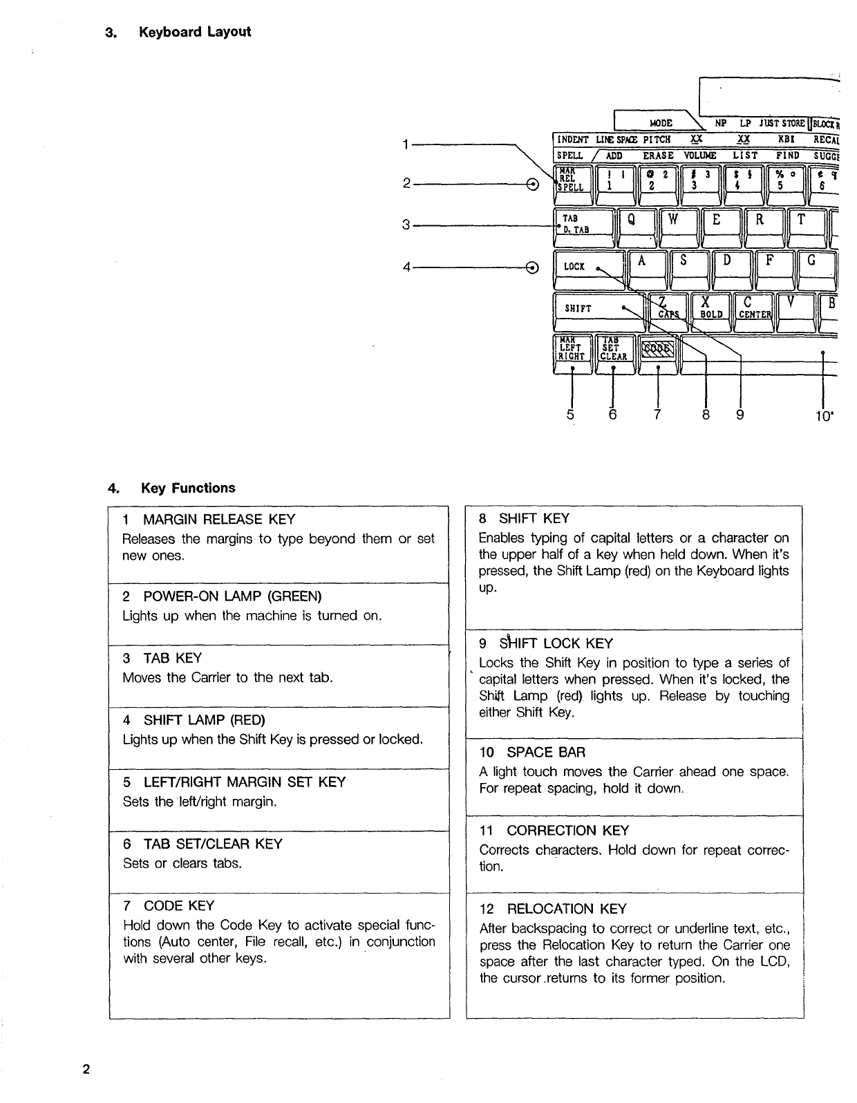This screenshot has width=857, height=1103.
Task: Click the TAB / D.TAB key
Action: pyautogui.click(x=583, y=225)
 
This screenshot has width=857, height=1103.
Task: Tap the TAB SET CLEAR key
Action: pyautogui.click(x=613, y=351)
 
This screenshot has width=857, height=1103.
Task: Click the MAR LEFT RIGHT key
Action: pyautogui.click(x=572, y=351)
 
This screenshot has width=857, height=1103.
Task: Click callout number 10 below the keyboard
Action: pyautogui.click(x=824, y=415)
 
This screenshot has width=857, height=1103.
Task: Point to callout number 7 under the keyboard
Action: pyautogui.click(x=657, y=415)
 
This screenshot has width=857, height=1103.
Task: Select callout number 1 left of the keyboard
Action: pyautogui.click(x=406, y=143)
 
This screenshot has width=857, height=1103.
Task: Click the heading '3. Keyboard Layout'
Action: pyautogui.click(x=178, y=32)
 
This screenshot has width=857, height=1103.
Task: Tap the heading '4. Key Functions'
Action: pyautogui.click(x=171, y=488)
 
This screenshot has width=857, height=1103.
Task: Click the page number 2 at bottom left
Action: pyautogui.click(x=86, y=1070)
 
